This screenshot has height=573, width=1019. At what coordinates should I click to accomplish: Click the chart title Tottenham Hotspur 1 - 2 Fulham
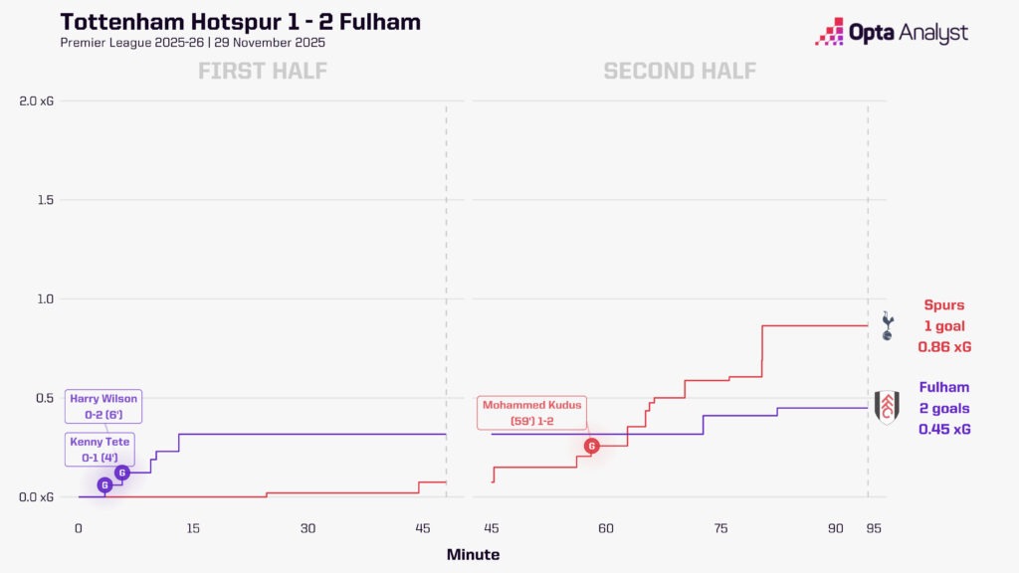pos(240,22)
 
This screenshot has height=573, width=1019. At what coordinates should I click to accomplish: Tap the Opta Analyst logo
pos(891,32)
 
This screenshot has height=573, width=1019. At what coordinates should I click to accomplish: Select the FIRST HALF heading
pos(263,71)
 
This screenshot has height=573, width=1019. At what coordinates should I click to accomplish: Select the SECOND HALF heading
pos(680,71)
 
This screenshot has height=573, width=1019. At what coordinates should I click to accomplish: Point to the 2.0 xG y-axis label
pos(33,100)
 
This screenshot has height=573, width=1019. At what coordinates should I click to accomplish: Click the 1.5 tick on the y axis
pos(41,200)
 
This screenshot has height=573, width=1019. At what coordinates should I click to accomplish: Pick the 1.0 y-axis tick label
pos(41,298)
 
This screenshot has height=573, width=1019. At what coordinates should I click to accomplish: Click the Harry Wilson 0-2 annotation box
pos(102,407)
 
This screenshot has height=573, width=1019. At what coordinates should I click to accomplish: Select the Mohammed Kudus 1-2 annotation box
pos(531,413)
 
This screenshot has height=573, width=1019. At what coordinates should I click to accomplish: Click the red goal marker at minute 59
pos(591,446)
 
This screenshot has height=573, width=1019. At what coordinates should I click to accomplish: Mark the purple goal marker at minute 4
pos(104,484)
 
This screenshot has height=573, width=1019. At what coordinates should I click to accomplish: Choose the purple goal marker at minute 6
pos(121,473)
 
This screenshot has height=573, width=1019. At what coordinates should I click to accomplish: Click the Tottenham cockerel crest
pos(888,325)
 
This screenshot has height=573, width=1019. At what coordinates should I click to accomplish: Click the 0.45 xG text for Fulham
pos(943,430)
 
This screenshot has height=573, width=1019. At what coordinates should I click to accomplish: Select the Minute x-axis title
pos(473,555)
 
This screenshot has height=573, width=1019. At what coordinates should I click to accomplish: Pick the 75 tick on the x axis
pos(720,528)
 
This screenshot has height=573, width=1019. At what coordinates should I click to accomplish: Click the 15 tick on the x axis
pos(193,528)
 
